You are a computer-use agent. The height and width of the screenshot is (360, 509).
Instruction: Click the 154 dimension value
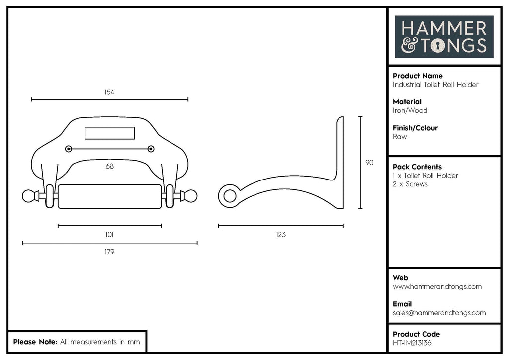tap(110, 92)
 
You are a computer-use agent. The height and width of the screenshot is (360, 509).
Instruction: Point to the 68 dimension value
tap(110, 166)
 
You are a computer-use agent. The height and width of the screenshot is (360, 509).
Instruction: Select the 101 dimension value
tap(110, 234)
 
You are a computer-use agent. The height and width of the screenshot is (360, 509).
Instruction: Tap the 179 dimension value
tap(110, 252)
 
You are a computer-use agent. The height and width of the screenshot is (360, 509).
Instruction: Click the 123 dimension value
tap(281, 234)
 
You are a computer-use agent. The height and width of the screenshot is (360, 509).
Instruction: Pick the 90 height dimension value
tap(369, 163)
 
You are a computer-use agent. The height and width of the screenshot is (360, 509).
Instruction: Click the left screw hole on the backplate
tap(69, 149)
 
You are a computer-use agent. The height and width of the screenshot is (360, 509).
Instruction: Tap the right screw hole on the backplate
tap(151, 149)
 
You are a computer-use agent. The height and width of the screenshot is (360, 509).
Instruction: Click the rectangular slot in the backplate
tap(110, 133)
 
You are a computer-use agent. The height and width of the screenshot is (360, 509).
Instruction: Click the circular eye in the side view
tap(230, 196)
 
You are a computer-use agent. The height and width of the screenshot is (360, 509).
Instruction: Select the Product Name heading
tap(418, 76)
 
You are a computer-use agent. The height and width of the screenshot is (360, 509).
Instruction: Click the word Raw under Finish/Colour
tap(400, 137)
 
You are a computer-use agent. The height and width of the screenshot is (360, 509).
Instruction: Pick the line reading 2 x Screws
tap(410, 184)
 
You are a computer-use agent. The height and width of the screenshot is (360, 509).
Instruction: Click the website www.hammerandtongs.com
tap(437, 286)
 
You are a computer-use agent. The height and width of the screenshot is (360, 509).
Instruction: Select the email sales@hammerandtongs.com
tap(439, 313)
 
